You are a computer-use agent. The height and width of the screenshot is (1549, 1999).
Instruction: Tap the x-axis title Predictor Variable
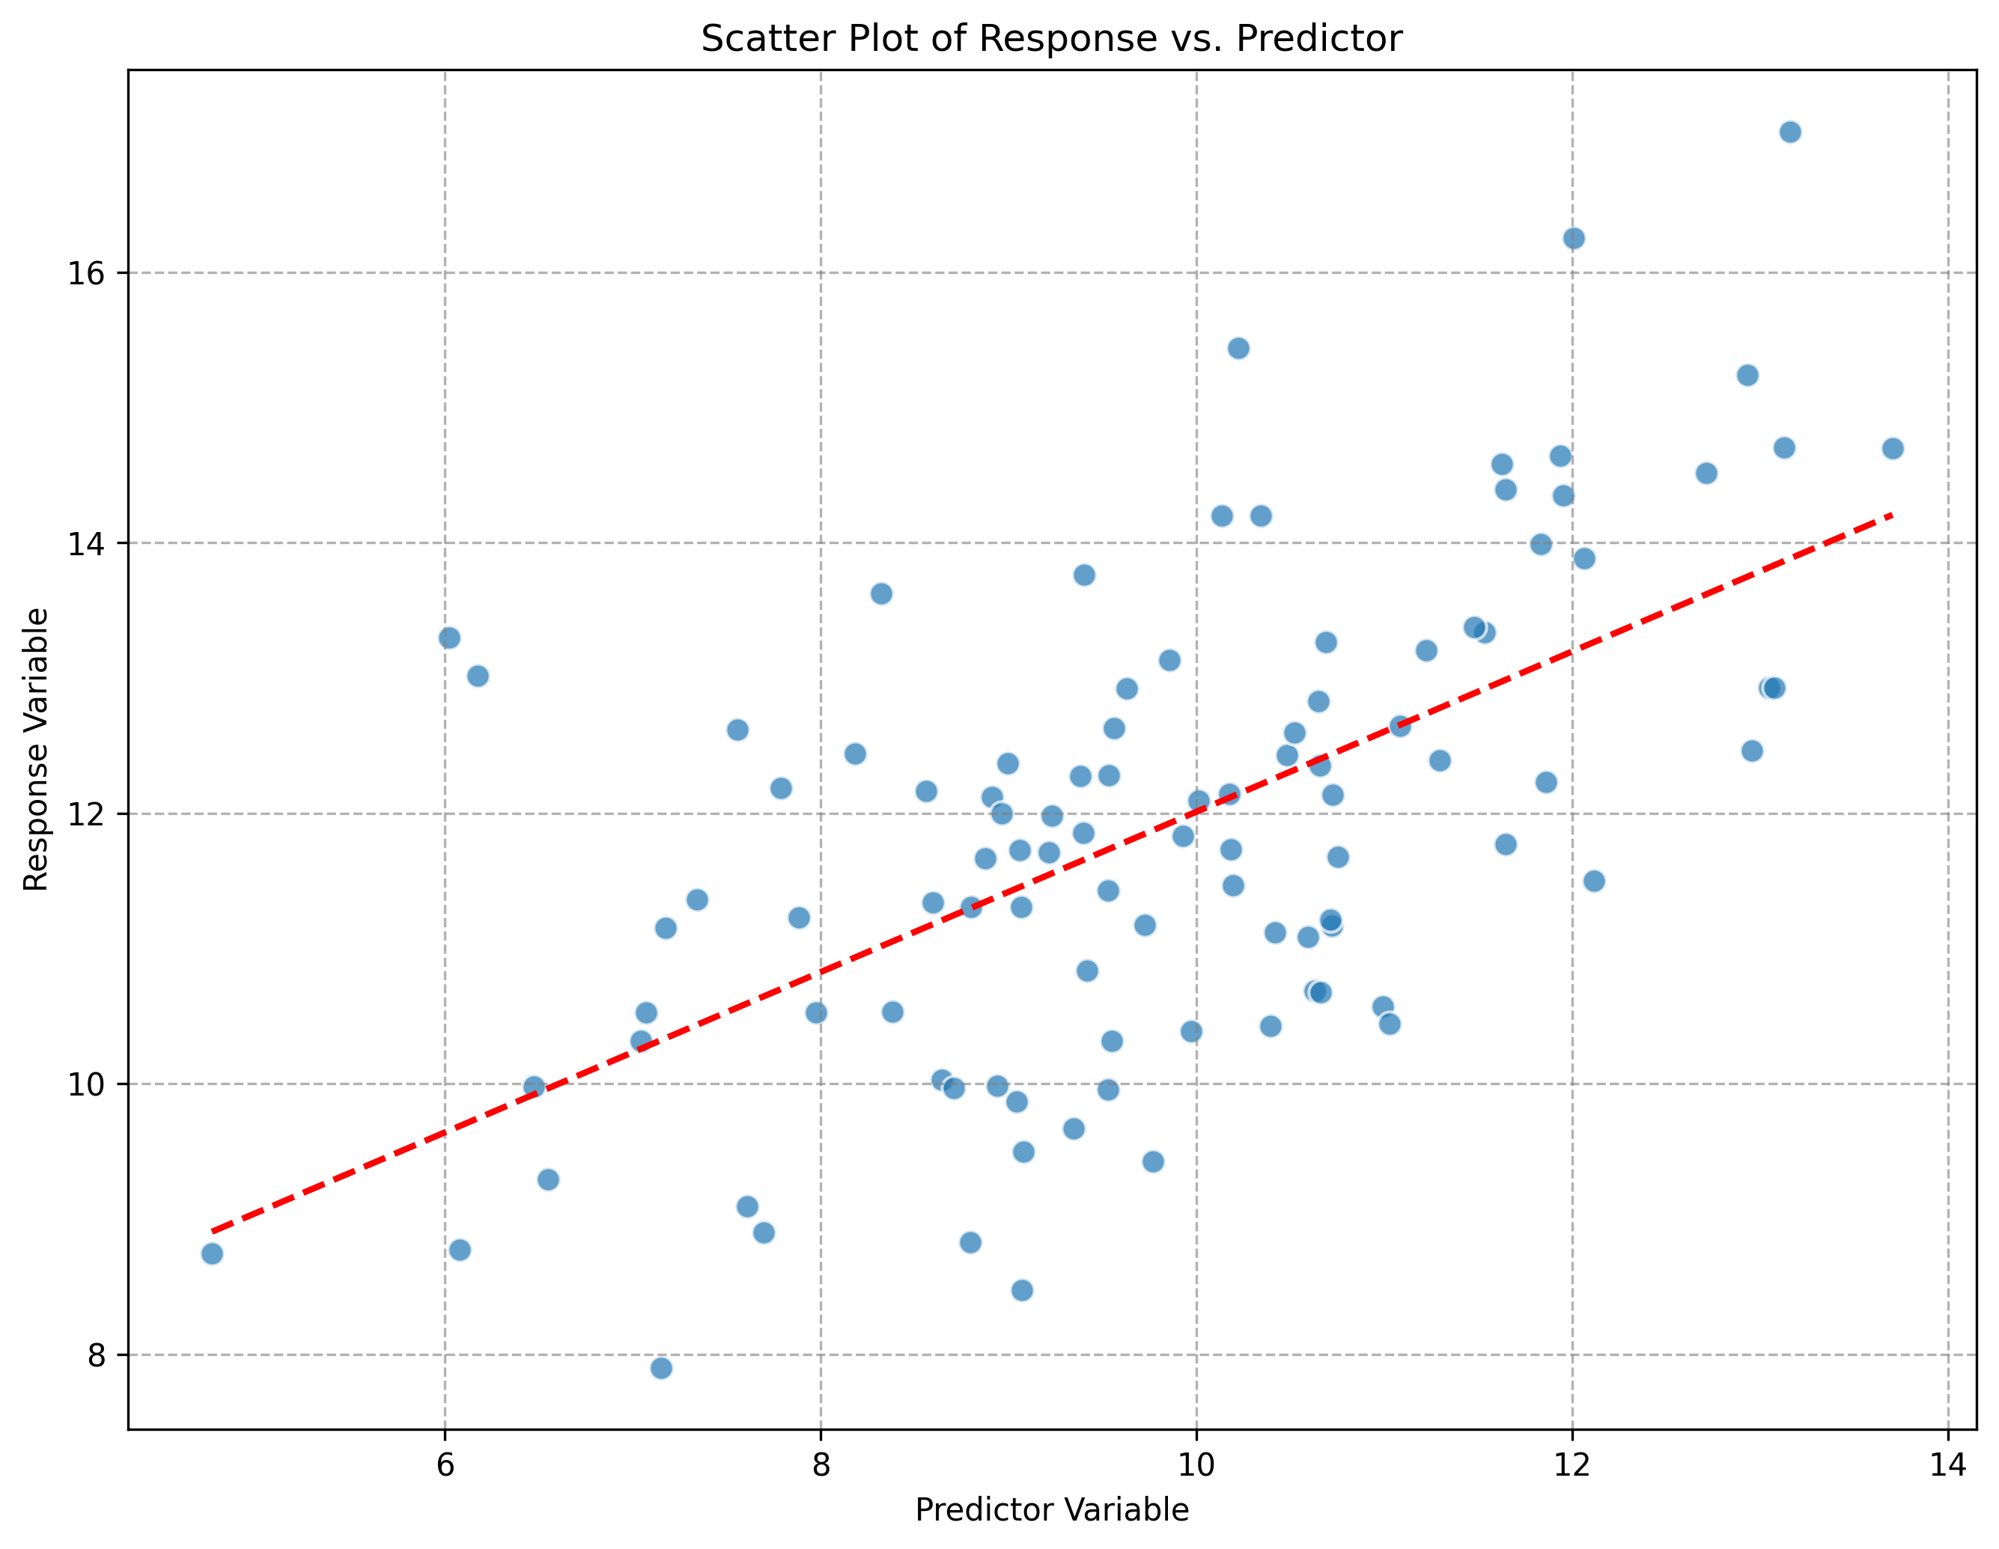pyautogui.click(x=1050, y=1509)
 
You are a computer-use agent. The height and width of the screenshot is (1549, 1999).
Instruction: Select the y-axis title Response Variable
pyautogui.click(x=36, y=748)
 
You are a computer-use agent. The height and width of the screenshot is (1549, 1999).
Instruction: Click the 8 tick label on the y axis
pyautogui.click(x=95, y=1355)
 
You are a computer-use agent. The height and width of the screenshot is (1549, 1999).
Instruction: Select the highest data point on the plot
pyautogui.click(x=1790, y=132)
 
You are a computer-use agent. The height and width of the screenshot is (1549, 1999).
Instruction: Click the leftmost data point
pyautogui.click(x=213, y=1253)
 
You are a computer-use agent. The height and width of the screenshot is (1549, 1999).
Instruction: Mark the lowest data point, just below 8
pyautogui.click(x=661, y=1368)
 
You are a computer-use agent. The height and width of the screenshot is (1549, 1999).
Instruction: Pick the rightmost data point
pyautogui.click(x=1893, y=448)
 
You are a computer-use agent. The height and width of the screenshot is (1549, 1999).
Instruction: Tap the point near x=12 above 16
pyautogui.click(x=1574, y=239)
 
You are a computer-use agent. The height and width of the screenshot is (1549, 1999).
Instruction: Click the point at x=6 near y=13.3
pyautogui.click(x=449, y=638)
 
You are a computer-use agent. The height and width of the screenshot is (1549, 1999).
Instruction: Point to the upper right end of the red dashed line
pyautogui.click(x=1891, y=515)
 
